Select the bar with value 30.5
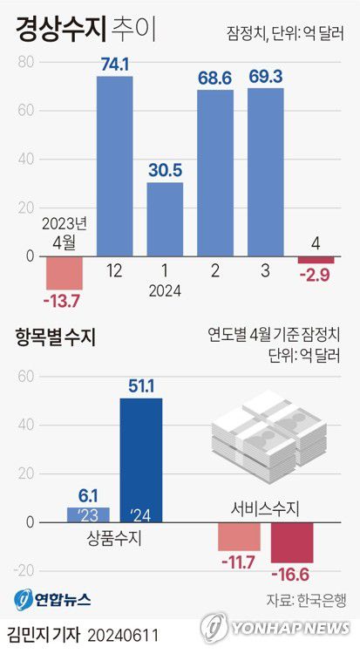[165, 219]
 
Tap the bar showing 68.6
[215, 173]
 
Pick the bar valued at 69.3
[265, 172]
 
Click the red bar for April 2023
[65, 273]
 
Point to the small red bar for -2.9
[316, 260]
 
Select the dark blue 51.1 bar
[140, 460]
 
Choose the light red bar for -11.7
[239, 536]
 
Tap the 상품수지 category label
[114, 539]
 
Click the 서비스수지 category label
[265, 508]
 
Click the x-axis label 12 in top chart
[114, 271]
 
